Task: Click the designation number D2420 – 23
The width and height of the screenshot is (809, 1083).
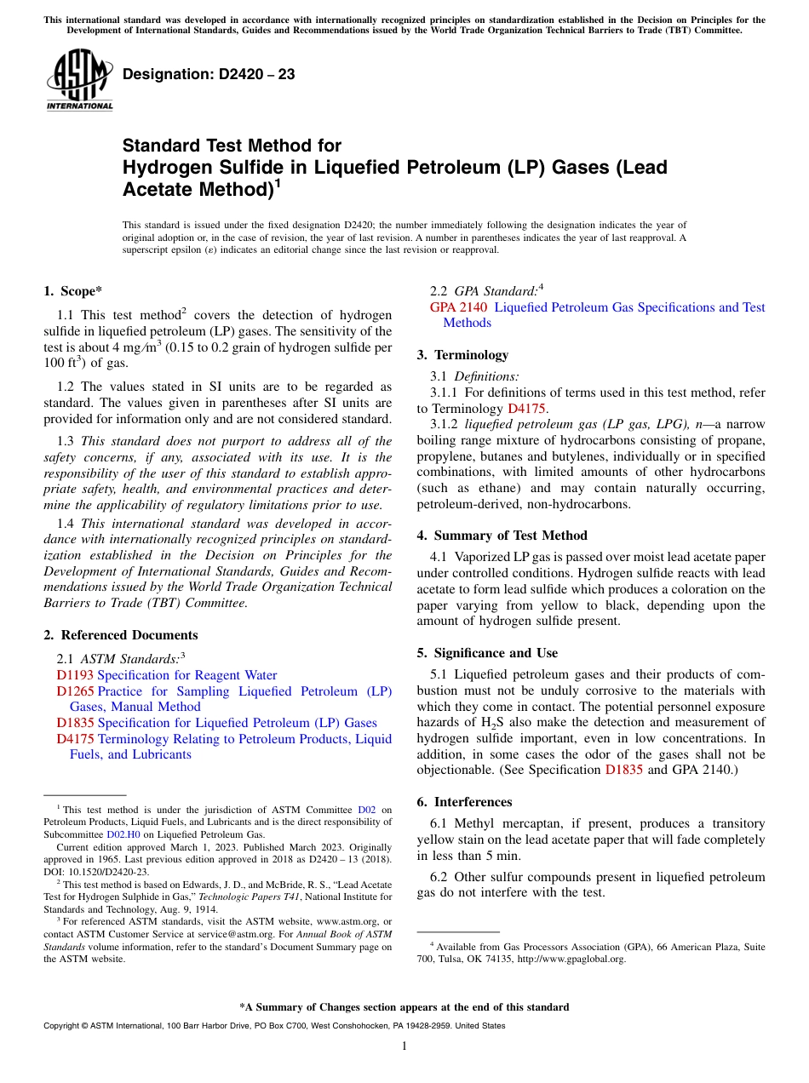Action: click(x=209, y=74)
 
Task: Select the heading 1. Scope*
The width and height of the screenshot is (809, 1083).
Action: click(x=72, y=291)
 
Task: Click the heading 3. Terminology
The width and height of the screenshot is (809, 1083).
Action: click(x=462, y=355)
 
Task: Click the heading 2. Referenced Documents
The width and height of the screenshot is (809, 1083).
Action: click(x=120, y=635)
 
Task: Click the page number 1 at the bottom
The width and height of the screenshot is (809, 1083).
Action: click(x=404, y=1046)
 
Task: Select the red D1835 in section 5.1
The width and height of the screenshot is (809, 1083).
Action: click(x=624, y=770)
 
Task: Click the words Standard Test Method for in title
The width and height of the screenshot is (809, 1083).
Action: click(x=232, y=146)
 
